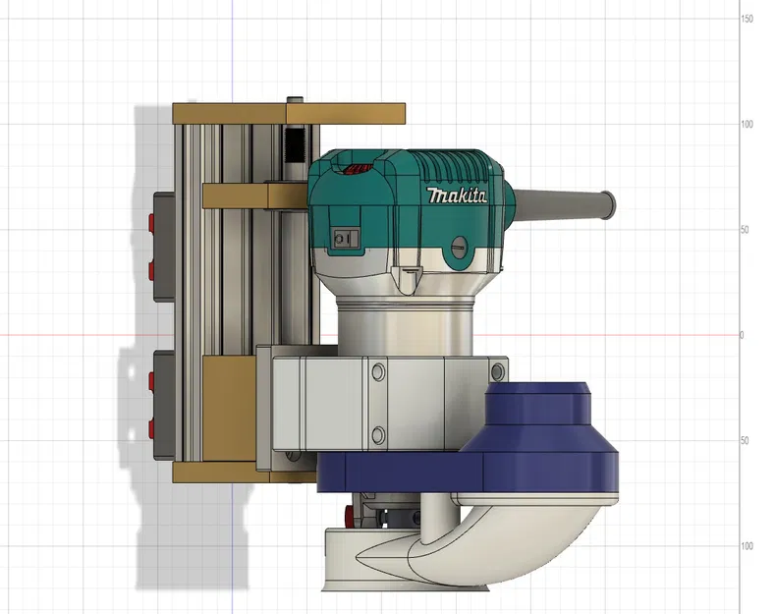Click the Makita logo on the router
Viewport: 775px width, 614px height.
click(457, 195)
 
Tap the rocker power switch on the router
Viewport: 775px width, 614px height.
click(343, 237)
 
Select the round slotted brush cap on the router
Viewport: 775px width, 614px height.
click(458, 244)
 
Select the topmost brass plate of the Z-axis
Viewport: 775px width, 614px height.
click(290, 113)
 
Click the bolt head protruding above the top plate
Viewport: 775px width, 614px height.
click(294, 98)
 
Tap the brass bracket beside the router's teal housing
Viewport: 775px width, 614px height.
click(255, 195)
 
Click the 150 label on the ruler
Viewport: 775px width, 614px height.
click(747, 20)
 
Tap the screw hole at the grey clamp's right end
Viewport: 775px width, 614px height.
click(498, 369)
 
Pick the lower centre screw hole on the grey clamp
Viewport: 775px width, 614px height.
click(376, 432)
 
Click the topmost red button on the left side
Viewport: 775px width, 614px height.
click(151, 219)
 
